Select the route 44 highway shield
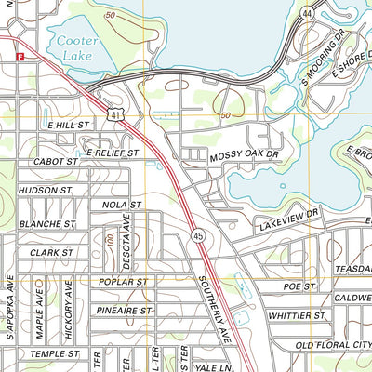tap(308, 14)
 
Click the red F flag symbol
tap(19, 57)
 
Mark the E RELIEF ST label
tap(112, 152)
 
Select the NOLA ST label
tap(121, 204)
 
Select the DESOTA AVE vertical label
tap(126, 234)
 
